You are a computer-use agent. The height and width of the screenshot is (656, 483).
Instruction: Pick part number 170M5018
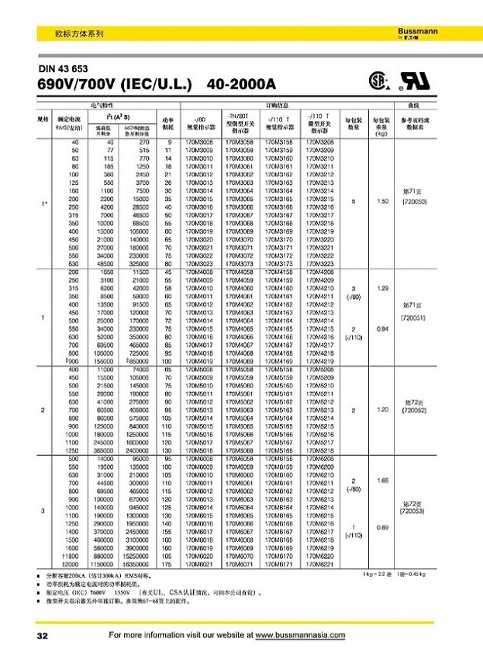(x=199, y=450)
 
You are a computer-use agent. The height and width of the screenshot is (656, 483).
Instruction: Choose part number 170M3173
(x=280, y=265)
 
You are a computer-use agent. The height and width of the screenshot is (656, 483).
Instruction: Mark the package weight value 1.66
(x=381, y=482)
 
